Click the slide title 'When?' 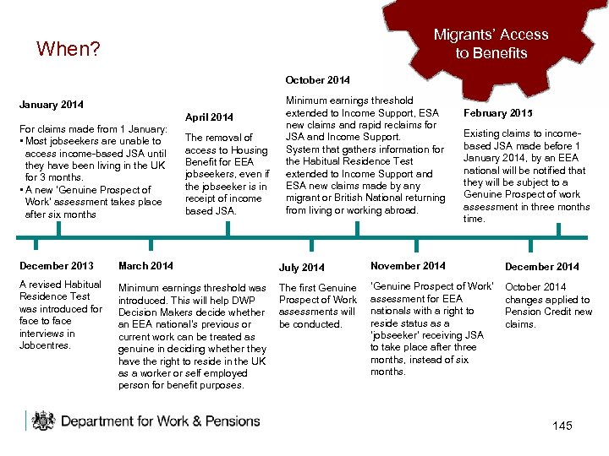coord(69,49)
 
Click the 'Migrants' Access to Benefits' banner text coord(491,44)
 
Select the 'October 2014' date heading coord(317,80)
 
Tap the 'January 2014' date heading coord(51,106)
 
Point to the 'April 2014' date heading coord(210,117)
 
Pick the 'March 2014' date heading coord(145,266)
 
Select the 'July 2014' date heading coord(301,268)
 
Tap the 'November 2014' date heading coord(408,266)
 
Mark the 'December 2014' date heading coord(542,267)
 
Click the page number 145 coord(562,426)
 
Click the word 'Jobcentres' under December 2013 coord(45,345)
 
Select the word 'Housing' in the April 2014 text coord(248,150)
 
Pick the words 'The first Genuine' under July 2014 coord(318,288)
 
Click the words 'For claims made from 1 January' coord(93,128)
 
